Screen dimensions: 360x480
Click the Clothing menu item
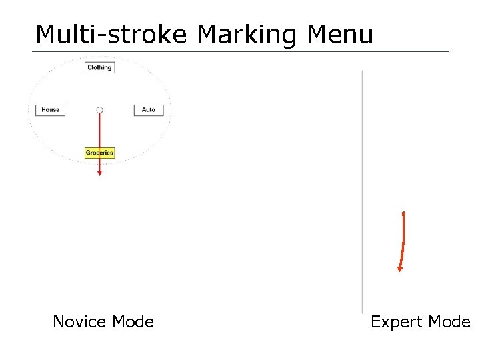pyautogui.click(x=99, y=67)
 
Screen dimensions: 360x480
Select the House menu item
pyautogui.click(x=51, y=110)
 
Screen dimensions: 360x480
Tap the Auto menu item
pyautogui.click(x=148, y=110)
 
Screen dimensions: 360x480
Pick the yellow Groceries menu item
pyautogui.click(x=99, y=153)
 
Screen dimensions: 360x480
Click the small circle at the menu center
pyautogui.click(x=99, y=110)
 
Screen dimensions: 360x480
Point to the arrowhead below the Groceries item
pyautogui.click(x=99, y=173)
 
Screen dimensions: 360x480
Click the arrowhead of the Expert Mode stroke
pyautogui.click(x=400, y=269)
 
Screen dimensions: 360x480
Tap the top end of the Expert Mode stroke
pyautogui.click(x=403, y=213)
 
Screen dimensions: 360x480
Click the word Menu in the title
pyautogui.click(x=340, y=34)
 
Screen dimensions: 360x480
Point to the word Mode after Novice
pyautogui.click(x=133, y=322)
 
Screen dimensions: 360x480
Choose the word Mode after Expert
pyautogui.click(x=449, y=322)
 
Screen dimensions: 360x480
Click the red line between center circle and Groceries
pyautogui.click(x=99, y=130)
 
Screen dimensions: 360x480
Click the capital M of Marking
pyautogui.click(x=207, y=34)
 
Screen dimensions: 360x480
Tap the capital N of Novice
pyautogui.click(x=59, y=322)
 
